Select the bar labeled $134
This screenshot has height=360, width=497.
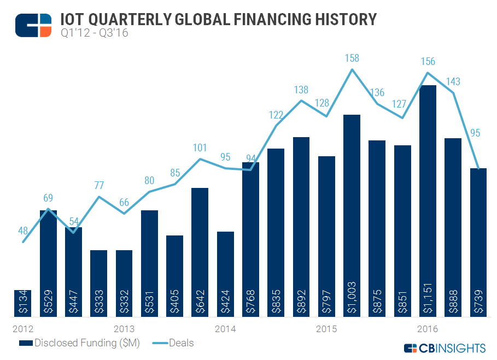pyautogui.click(x=23, y=303)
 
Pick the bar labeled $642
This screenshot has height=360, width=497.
pyautogui.click(x=200, y=252)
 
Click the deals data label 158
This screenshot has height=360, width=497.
pyautogui.click(x=352, y=57)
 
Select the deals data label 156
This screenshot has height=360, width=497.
pyautogui.click(x=428, y=62)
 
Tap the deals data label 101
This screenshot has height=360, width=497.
pyautogui.click(x=200, y=147)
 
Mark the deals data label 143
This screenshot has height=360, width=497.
pyautogui.click(x=453, y=81)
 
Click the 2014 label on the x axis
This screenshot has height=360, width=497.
pyautogui.click(x=225, y=329)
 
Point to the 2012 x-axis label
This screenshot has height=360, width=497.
pyautogui.click(x=22, y=329)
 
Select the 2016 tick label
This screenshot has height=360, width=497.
pyautogui.click(x=427, y=329)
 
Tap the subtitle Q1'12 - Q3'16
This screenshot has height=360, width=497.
pyautogui.click(x=90, y=34)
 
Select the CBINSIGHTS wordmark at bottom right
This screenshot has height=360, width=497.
pyautogui.click(x=451, y=348)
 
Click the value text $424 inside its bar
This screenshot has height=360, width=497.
pyautogui.click(x=225, y=304)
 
